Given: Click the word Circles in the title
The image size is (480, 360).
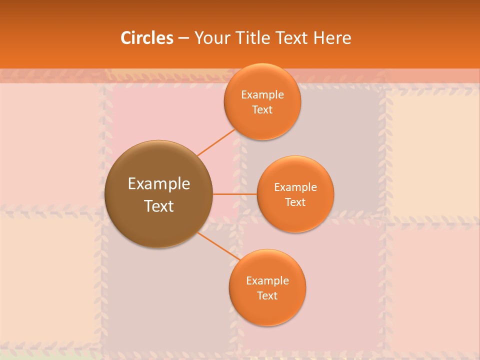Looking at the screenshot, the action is [x=147, y=38].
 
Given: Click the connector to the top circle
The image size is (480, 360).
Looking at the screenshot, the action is [x=216, y=142].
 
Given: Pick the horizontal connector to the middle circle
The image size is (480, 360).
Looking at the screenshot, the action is [x=234, y=194].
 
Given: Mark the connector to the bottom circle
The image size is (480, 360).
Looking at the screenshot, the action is [x=219, y=246].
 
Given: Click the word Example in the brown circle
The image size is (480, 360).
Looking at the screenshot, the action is [x=159, y=184].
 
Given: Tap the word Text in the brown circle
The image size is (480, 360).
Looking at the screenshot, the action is [x=159, y=206].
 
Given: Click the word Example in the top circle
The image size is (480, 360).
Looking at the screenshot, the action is [x=262, y=95].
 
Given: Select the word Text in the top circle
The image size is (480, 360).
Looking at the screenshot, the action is [x=262, y=109].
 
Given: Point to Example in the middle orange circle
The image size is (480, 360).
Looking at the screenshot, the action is [x=295, y=187].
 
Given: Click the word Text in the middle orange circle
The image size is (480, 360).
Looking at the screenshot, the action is [x=295, y=202].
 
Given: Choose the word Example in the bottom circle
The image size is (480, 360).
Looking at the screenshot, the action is [x=267, y=281].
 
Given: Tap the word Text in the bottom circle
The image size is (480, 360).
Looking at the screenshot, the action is [x=267, y=295].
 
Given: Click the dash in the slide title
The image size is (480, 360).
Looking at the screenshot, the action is [x=183, y=38].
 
